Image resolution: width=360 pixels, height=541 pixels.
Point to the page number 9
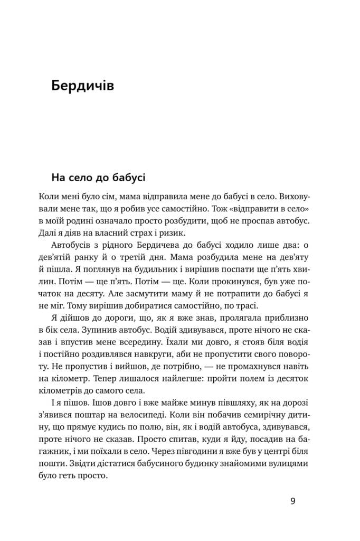tap(293, 501)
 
